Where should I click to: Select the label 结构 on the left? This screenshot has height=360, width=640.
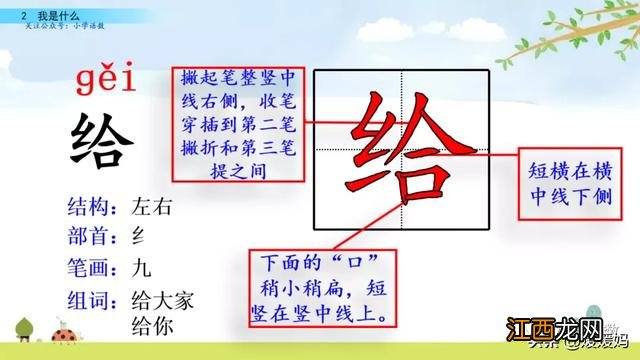(x=87, y=208)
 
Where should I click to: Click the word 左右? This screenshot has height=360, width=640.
(x=152, y=208)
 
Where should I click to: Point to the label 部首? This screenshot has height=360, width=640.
(x=87, y=238)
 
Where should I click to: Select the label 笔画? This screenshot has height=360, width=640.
(x=87, y=268)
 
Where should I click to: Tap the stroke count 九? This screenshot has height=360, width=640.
(x=141, y=268)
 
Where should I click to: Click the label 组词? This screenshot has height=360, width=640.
(x=87, y=298)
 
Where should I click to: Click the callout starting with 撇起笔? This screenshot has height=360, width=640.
(x=238, y=124)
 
